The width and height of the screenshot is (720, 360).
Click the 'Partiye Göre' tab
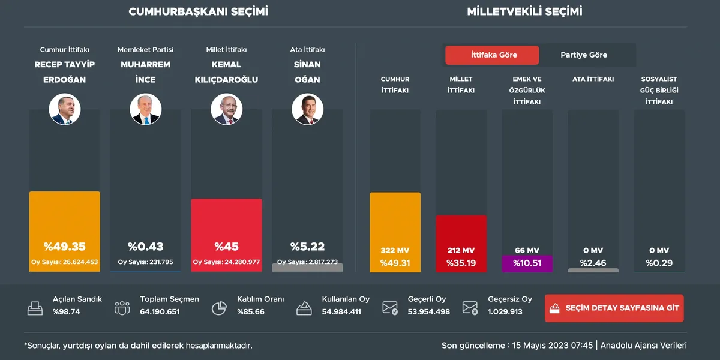(x=584, y=55)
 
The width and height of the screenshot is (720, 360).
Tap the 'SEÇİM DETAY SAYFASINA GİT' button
(x=614, y=308)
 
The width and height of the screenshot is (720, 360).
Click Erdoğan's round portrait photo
(x=65, y=110)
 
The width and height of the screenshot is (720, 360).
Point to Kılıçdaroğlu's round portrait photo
(x=226, y=110)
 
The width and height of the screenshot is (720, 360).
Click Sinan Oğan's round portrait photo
(x=307, y=110)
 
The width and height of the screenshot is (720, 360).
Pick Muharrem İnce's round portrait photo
(x=146, y=110)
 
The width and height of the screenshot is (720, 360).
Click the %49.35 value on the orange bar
(x=65, y=247)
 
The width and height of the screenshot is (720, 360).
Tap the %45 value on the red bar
(x=226, y=247)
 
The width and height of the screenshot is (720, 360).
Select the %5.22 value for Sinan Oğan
(x=307, y=247)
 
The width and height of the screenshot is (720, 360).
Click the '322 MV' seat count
(x=395, y=250)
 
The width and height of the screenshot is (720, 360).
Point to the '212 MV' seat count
(x=461, y=250)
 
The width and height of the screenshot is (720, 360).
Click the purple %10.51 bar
(x=527, y=263)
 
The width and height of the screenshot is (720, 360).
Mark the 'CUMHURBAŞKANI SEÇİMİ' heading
(x=199, y=11)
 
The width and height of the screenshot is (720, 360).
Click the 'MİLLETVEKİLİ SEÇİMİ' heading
(x=524, y=11)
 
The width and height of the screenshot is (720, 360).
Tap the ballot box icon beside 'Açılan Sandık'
(x=35, y=308)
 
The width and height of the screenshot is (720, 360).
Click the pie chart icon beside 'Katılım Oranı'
(x=219, y=308)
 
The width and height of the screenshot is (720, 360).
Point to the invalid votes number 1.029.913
(x=505, y=312)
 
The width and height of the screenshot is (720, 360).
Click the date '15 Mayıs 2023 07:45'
(x=551, y=346)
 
